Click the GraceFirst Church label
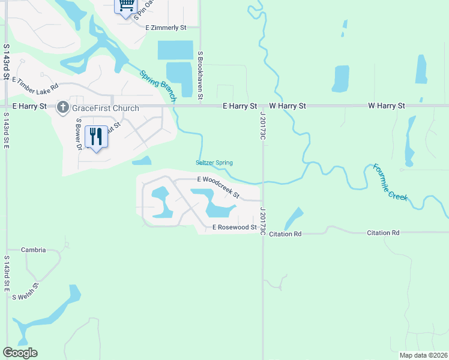coord(106,108)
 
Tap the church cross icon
coord(62,108)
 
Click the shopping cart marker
coord(125,6)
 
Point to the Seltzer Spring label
coord(214,163)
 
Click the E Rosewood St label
coord(235,227)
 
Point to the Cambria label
coord(33,250)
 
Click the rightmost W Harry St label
coord(387,106)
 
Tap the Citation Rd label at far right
coord(383,232)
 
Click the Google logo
coord(20,353)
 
